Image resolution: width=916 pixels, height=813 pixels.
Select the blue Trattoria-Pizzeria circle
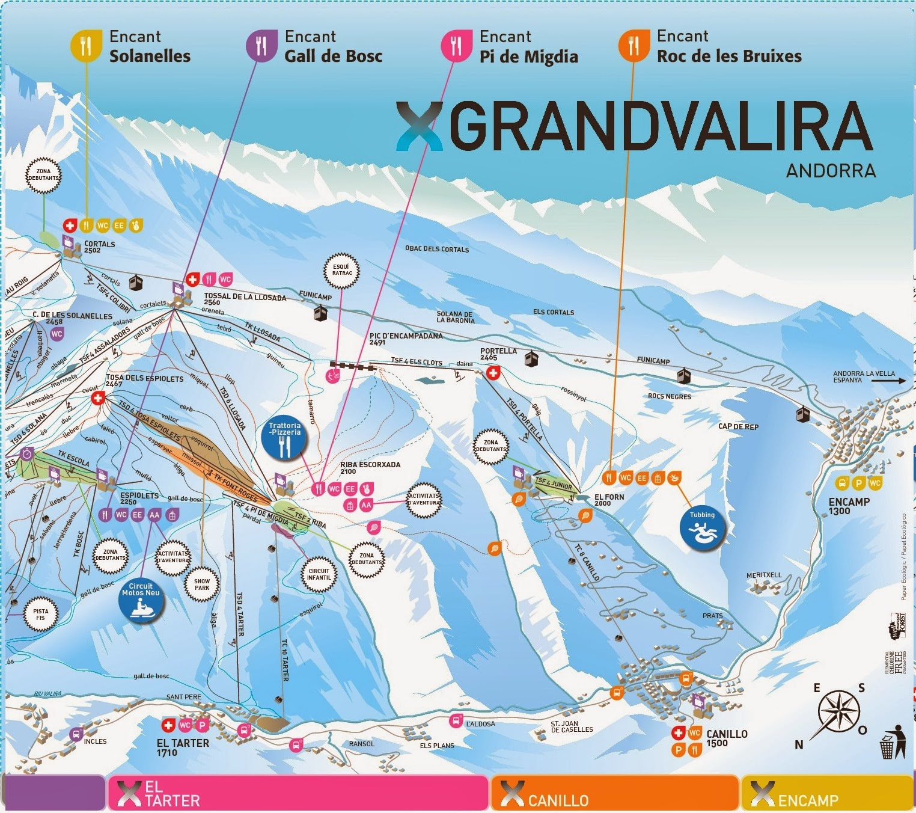tap(285, 441)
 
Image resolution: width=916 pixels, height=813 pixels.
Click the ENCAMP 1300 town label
tap(849, 506)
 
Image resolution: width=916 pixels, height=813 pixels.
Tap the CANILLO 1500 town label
tap(727, 738)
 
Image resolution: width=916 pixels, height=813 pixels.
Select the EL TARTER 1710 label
tap(183, 747)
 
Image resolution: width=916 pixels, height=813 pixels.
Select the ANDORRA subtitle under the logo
tap(831, 171)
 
